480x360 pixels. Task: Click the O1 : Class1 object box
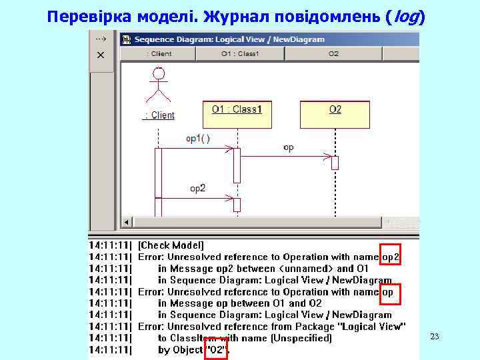click(237, 113)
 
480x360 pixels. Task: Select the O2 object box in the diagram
click(335, 113)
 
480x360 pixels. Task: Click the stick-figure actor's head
click(159, 73)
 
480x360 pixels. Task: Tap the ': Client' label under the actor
click(159, 115)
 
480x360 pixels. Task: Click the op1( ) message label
click(197, 139)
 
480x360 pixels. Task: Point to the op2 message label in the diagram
click(198, 189)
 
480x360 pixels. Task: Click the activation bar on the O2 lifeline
click(335, 162)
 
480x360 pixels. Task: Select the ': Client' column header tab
click(158, 53)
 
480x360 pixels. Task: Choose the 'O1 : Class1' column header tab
click(239, 53)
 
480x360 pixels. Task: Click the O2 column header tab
click(333, 53)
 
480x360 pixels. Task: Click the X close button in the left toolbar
click(101, 55)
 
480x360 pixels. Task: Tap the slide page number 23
click(435, 337)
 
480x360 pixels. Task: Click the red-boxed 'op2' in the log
click(391, 256)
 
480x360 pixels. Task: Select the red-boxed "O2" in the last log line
click(217, 349)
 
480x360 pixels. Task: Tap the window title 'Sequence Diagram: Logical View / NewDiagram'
click(229, 39)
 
